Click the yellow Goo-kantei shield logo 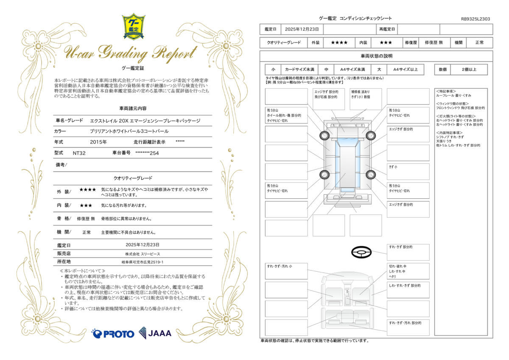pyautogui.click(x=134, y=27)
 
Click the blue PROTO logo pyautogui.click(x=113, y=334)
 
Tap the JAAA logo pyautogui.click(x=155, y=333)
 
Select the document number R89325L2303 pyautogui.click(x=475, y=19)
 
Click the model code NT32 pyautogui.click(x=79, y=153)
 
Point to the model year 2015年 pyautogui.click(x=98, y=142)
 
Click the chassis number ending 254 pyautogui.click(x=147, y=153)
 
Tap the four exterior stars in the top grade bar pyautogui.click(x=339, y=42)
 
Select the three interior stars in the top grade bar pyautogui.click(x=386, y=42)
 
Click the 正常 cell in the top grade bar pyautogui.click(x=479, y=42)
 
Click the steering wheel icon pyautogui.click(x=361, y=252)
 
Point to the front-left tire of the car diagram pyautogui.click(x=324, y=136)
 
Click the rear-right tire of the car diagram pyautogui.click(x=371, y=174)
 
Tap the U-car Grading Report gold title pyautogui.click(x=131, y=53)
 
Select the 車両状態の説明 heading pyautogui.click(x=377, y=56)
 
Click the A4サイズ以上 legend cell pyautogui.click(x=406, y=70)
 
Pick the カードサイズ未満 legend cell pyautogui.click(x=299, y=70)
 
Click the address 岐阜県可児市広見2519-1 pyautogui.click(x=143, y=262)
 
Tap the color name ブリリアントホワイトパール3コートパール pyautogui.click(x=129, y=131)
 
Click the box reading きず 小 pyautogui.click(x=408, y=172)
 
